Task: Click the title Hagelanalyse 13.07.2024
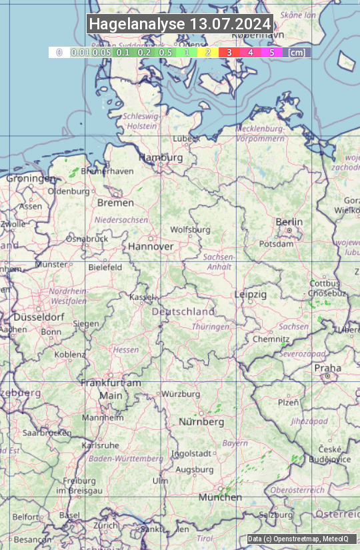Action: [x=180, y=24]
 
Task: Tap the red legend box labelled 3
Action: [x=229, y=52]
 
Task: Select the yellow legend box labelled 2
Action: [x=208, y=52]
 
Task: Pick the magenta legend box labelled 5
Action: [x=271, y=52]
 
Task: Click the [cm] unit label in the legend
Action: [x=297, y=52]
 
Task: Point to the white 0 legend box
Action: [x=59, y=52]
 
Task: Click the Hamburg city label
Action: [x=161, y=158]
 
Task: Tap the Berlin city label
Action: [x=289, y=222]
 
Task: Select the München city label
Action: [x=220, y=497]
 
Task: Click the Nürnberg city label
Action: [x=201, y=422]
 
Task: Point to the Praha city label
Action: [x=327, y=368]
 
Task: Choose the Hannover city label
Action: [x=151, y=246]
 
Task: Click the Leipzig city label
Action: [x=251, y=294]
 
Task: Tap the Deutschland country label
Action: [x=183, y=311]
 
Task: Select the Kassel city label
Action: [x=141, y=297]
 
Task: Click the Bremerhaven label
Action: [x=107, y=171]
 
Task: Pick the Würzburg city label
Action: [x=181, y=394]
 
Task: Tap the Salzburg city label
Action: [x=276, y=515]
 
